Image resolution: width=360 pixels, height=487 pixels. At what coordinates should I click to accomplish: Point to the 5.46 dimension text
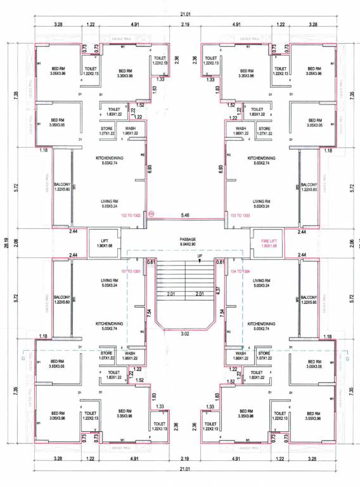(186, 216)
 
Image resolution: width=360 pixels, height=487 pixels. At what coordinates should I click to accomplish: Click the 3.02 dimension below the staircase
(186, 333)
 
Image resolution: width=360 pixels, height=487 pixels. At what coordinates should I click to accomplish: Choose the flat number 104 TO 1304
(241, 271)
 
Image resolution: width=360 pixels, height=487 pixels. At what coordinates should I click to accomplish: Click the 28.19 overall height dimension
(8, 243)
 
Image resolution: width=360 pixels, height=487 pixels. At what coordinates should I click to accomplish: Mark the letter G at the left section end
(23, 358)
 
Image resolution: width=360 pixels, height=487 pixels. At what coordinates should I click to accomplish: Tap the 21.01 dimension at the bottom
(184, 469)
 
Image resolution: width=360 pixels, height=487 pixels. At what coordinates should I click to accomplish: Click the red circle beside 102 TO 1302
(151, 214)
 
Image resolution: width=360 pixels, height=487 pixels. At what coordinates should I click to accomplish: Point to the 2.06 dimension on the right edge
(352, 243)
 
